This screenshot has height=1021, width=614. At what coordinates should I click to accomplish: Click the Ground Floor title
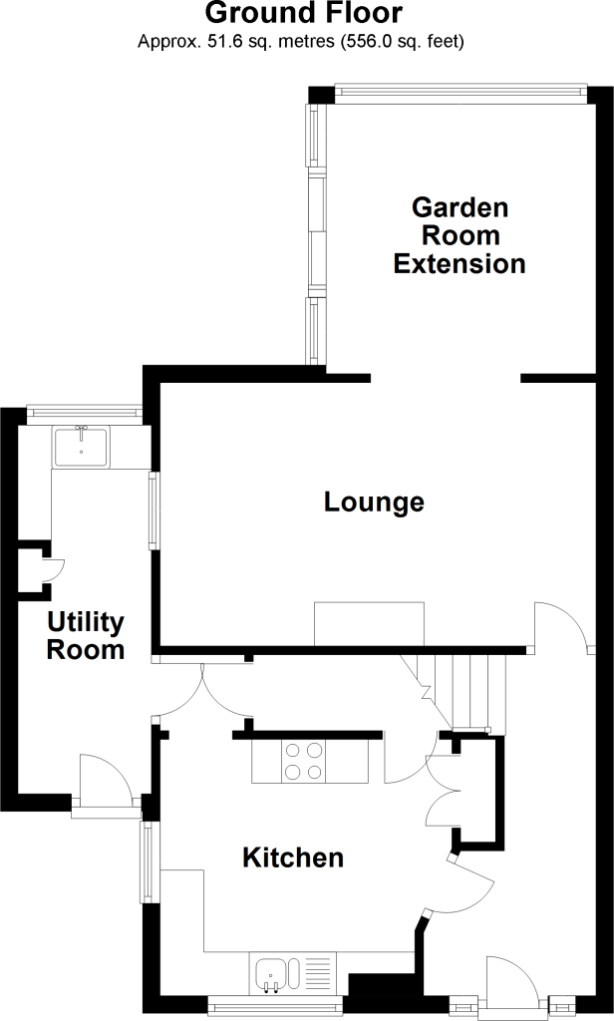tap(304, 13)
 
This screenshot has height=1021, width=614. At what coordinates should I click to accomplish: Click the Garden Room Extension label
tap(460, 235)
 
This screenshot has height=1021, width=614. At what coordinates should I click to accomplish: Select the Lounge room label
tap(375, 503)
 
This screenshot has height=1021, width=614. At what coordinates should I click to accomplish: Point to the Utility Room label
tap(86, 636)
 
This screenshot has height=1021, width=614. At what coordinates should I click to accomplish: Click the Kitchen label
tap(293, 857)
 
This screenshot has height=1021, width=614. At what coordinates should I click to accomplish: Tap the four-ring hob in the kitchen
tap(304, 762)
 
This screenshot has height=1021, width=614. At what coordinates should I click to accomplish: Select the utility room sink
tap(82, 447)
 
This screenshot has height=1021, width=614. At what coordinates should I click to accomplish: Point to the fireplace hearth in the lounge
tap(369, 624)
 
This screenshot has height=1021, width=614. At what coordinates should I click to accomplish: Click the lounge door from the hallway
tap(562, 626)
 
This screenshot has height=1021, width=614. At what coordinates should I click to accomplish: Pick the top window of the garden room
tap(460, 93)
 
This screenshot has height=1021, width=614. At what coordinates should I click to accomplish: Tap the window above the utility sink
tap(86, 412)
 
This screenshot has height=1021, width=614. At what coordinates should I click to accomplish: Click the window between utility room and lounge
tap(154, 510)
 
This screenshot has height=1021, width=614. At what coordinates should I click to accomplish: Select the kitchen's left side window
tap(148, 862)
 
